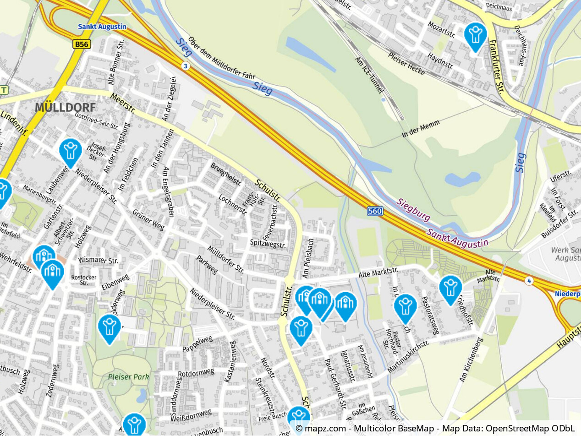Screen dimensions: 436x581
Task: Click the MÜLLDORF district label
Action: [x=66, y=108]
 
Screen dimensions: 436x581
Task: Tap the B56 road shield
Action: [x=82, y=44]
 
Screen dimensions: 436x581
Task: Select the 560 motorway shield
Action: [x=375, y=211]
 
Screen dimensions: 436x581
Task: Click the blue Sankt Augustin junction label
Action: [x=102, y=27]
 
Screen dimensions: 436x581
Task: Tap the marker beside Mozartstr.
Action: [x=475, y=36]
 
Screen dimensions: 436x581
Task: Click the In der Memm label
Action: [x=421, y=129]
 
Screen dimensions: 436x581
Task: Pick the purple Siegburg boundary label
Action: [x=414, y=209]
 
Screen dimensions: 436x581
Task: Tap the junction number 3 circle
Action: [x=185, y=66]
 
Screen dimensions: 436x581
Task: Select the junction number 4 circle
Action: [x=529, y=281]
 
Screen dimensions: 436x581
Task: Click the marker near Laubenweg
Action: [x=71, y=152]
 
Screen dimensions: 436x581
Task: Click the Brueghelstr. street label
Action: [x=226, y=174]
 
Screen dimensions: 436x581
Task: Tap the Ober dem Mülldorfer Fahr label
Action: [x=221, y=58]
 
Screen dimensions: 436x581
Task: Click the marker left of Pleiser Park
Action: [x=109, y=328]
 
